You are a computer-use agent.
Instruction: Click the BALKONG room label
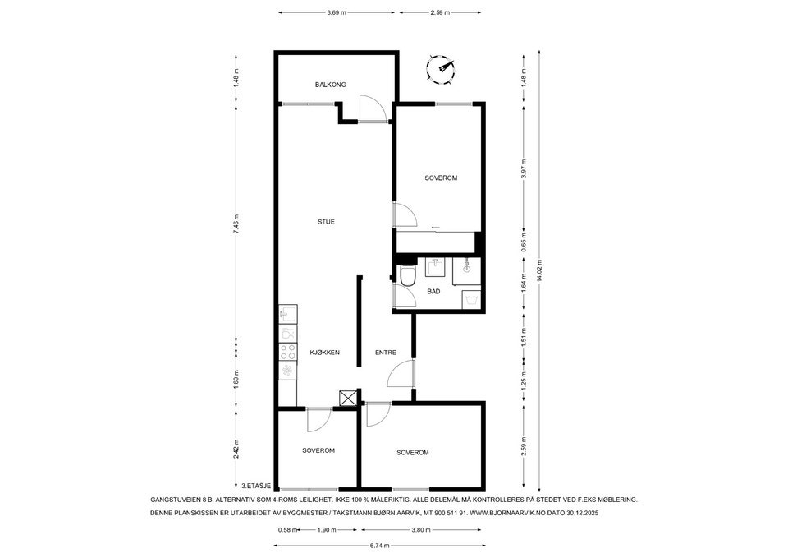tap(330, 85)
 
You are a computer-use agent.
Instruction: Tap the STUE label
tap(326, 222)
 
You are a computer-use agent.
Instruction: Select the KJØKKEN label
tap(324, 353)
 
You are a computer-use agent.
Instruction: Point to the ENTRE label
tap(386, 353)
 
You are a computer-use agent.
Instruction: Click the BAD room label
tap(433, 292)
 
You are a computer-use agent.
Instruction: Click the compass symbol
tap(441, 67)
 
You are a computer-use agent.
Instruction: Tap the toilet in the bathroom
tap(408, 276)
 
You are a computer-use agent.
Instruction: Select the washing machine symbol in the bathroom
tap(471, 301)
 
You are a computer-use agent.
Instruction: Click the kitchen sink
tap(288, 314)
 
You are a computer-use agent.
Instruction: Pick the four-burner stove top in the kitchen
tap(288, 351)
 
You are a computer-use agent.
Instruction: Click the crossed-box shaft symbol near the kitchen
tap(347, 398)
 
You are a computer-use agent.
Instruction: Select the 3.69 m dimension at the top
tap(337, 12)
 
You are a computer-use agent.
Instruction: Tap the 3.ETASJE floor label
tap(256, 486)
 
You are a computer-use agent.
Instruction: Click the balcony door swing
tap(373, 108)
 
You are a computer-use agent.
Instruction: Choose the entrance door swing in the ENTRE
tap(401, 373)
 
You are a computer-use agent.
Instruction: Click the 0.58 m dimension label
tap(287, 530)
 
